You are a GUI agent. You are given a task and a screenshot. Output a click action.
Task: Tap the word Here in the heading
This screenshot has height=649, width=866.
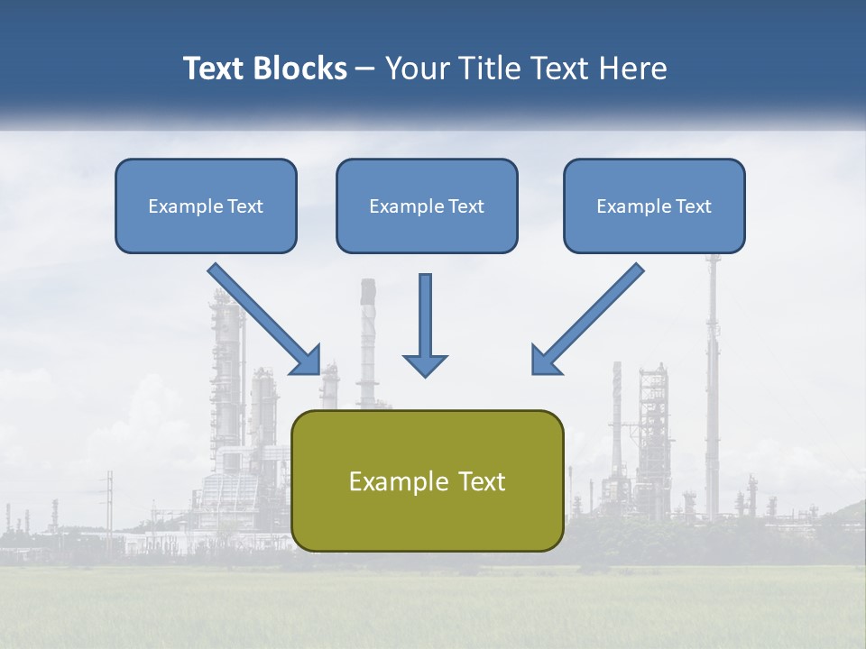tap(632, 69)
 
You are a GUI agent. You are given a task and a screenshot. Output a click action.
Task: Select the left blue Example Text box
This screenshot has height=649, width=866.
tap(206, 206)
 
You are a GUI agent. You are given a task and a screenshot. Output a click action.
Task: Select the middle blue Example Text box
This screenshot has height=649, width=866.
tap(427, 206)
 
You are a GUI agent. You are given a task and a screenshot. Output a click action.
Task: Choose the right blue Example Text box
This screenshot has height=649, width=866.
tap(654, 206)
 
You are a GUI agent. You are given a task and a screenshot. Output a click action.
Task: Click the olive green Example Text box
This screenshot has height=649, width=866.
tap(427, 480)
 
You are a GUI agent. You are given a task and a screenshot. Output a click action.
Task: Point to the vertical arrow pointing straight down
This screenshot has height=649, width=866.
tap(425, 320)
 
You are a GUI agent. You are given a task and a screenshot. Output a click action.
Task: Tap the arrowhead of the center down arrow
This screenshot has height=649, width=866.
tap(425, 365)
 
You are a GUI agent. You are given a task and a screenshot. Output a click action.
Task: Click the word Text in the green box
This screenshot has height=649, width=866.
tap(482, 481)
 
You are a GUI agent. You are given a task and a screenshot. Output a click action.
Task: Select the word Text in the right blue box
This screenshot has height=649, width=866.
tap(693, 206)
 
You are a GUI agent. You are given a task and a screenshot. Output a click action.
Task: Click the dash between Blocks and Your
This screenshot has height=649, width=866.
tap(365, 69)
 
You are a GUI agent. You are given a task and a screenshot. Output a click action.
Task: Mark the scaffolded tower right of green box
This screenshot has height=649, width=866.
tap(653, 424)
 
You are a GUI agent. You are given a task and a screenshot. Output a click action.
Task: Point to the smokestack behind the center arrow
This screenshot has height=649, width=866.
tap(367, 343)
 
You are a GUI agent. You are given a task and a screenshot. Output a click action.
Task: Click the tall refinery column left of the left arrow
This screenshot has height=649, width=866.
tap(226, 379)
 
